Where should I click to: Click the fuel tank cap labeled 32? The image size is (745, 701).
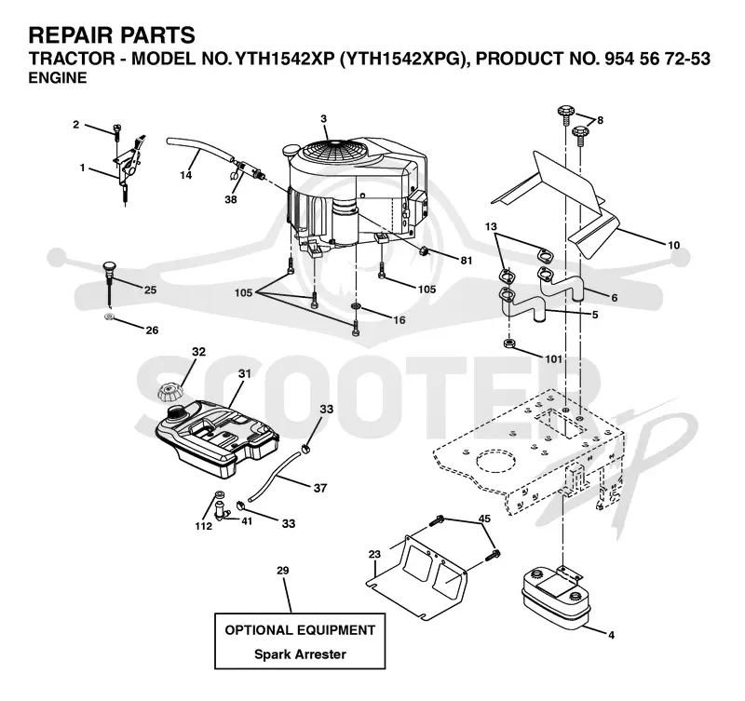(x=169, y=392)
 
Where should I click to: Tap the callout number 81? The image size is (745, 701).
(x=467, y=260)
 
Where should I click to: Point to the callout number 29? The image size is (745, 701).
(x=283, y=570)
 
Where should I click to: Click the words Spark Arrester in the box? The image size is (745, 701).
(x=300, y=654)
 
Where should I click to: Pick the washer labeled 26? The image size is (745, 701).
(x=110, y=317)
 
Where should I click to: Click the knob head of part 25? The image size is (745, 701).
(x=110, y=264)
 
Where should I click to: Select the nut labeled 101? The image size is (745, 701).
(x=509, y=343)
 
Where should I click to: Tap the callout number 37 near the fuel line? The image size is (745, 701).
(x=320, y=488)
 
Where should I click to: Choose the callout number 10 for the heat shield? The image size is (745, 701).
(x=673, y=245)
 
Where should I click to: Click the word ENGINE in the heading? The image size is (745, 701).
(x=58, y=77)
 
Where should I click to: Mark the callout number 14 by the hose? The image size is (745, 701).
(x=185, y=175)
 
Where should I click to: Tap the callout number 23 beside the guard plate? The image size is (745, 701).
(x=374, y=554)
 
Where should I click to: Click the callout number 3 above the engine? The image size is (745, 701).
(x=323, y=119)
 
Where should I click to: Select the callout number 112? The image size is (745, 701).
(x=203, y=526)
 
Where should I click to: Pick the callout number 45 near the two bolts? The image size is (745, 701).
(x=484, y=519)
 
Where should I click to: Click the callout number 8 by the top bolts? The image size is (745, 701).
(x=600, y=121)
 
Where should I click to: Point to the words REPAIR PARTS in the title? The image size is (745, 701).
(x=112, y=35)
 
